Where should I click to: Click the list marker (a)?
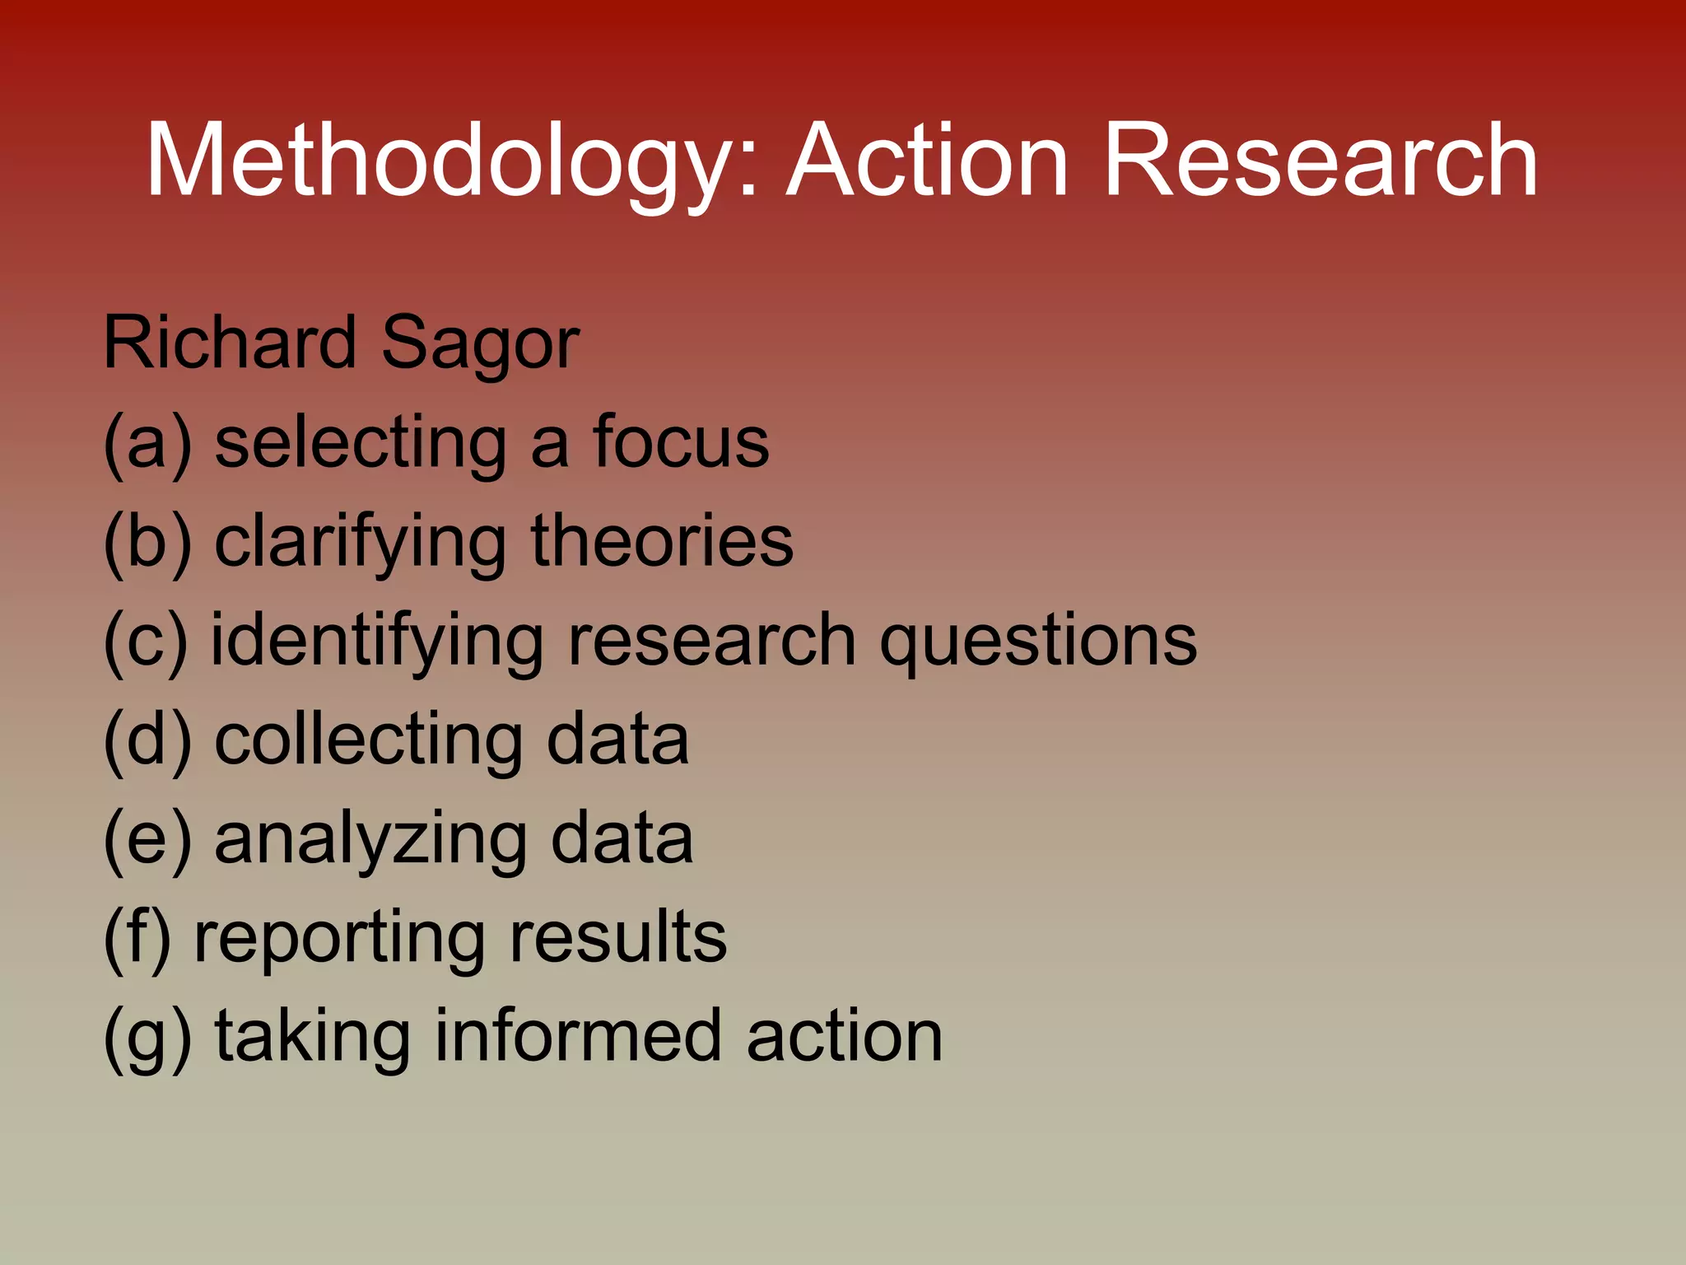pos(147,443)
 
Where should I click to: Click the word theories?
pos(662,541)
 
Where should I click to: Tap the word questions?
pos(1038,643)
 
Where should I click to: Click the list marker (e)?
pos(147,839)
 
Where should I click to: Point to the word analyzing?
pos(370,841)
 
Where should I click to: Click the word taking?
pos(313,1038)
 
